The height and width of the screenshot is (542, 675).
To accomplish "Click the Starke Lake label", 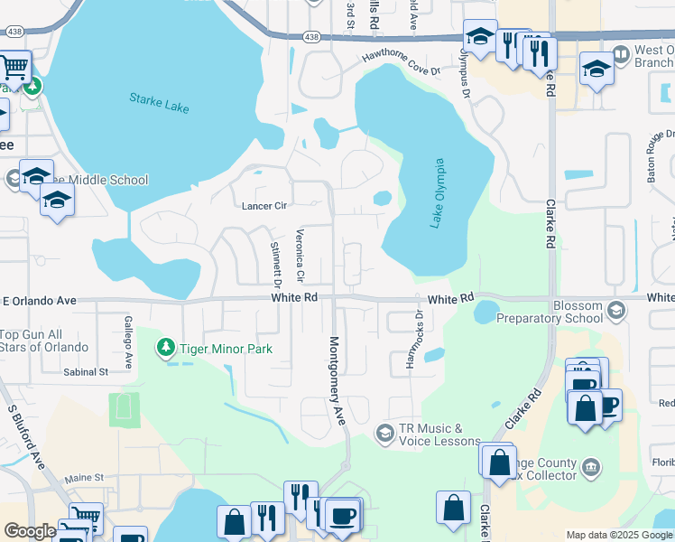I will [159, 102].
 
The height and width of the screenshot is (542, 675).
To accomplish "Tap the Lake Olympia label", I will [438, 193].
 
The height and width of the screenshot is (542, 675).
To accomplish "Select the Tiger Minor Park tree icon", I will [165, 347].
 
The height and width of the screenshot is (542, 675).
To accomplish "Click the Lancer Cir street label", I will [264, 206].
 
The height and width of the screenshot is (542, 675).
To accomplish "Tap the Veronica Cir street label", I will [301, 253].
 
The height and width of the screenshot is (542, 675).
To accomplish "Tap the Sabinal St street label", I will [86, 371].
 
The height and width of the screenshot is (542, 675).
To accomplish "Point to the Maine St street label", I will [85, 477].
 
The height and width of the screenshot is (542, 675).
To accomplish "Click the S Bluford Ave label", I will [26, 436].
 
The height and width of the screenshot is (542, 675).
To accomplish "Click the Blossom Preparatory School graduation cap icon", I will [616, 311].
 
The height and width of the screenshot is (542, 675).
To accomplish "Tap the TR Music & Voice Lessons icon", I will [384, 435].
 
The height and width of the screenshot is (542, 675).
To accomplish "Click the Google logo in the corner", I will [30, 531].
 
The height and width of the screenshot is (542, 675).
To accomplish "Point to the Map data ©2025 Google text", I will [618, 535].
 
